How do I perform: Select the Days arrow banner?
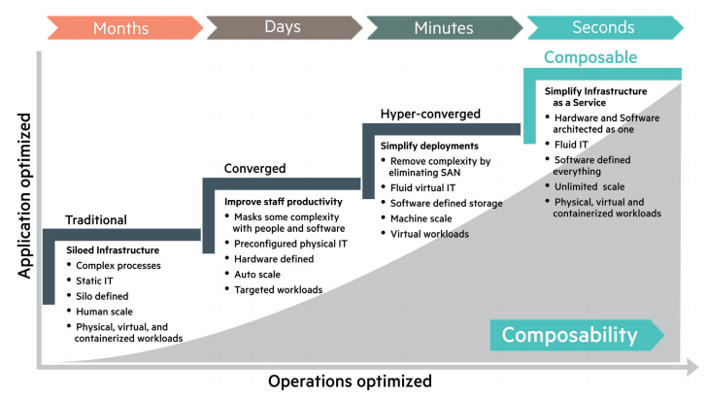283,27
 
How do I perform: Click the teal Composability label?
570,336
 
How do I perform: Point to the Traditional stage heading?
96,220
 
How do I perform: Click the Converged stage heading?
255,168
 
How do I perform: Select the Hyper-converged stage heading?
431,114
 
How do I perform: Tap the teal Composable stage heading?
590,57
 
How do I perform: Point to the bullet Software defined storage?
447,203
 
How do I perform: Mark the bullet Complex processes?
118,265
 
